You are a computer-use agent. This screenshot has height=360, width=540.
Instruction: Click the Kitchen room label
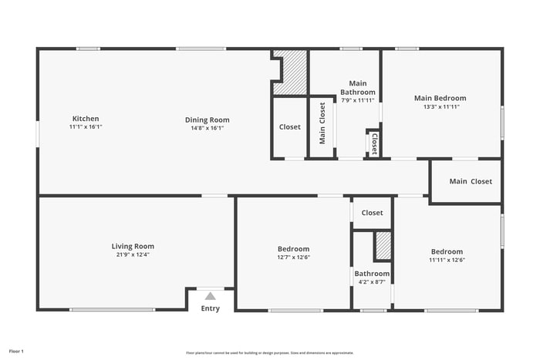(86, 119)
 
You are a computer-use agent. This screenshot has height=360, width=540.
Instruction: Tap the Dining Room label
(207, 119)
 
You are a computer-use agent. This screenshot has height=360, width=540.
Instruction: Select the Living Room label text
(133, 247)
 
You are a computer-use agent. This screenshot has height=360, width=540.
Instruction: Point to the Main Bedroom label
(440, 98)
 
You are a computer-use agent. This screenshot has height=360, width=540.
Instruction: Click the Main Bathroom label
(357, 88)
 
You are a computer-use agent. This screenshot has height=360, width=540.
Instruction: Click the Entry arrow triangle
(210, 295)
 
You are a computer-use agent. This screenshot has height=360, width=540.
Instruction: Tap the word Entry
(210, 308)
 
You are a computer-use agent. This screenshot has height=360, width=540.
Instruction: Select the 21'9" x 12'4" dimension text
(133, 254)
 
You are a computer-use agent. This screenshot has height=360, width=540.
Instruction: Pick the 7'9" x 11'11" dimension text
(357, 100)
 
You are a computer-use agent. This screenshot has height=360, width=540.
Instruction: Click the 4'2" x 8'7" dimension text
(372, 282)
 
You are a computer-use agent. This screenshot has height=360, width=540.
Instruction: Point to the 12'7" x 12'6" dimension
(293, 258)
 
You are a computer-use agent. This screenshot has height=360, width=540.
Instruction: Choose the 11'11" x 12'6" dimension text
(447, 260)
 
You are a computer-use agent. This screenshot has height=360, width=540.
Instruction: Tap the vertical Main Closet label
(322, 123)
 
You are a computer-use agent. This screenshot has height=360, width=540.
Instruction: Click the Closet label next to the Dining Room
(290, 127)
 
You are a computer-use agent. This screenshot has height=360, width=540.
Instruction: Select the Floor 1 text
(16, 352)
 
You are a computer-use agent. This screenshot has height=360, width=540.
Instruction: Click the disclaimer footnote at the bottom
(269, 352)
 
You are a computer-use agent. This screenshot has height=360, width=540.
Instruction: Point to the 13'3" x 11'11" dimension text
(440, 107)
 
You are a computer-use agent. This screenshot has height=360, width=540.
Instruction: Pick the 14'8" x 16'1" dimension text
(207, 128)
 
